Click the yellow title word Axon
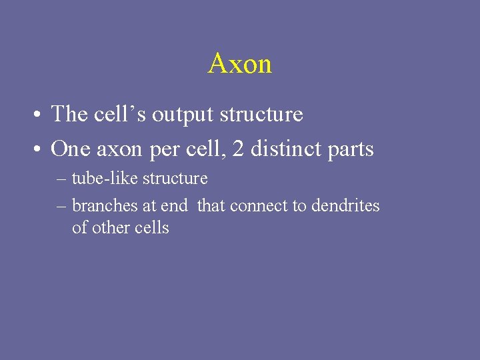pos(240,64)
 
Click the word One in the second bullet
pos(71,149)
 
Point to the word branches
pos(105,206)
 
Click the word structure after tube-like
pos(175,179)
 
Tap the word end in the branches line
pos(174,206)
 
